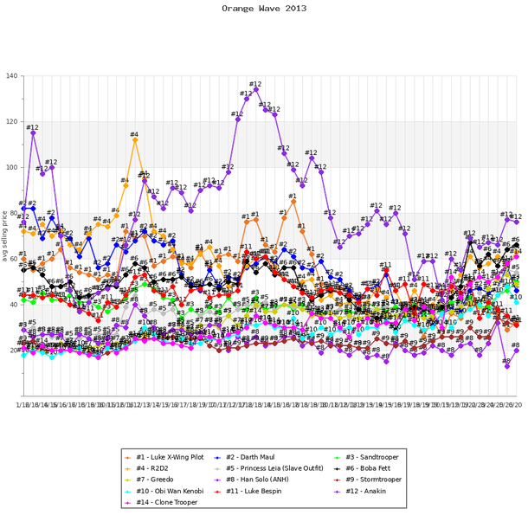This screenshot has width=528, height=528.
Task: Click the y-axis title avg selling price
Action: click(6, 235)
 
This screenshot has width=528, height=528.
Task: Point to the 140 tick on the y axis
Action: click(11, 76)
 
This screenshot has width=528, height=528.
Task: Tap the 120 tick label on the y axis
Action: click(11, 122)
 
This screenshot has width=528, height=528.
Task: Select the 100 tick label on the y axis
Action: click(11, 168)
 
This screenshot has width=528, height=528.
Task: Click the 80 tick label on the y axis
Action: click(13, 213)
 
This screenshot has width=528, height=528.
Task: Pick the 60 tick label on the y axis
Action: click(13, 259)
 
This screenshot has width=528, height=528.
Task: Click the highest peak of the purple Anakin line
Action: click(256, 89)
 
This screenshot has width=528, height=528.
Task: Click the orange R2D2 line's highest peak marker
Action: click(135, 139)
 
